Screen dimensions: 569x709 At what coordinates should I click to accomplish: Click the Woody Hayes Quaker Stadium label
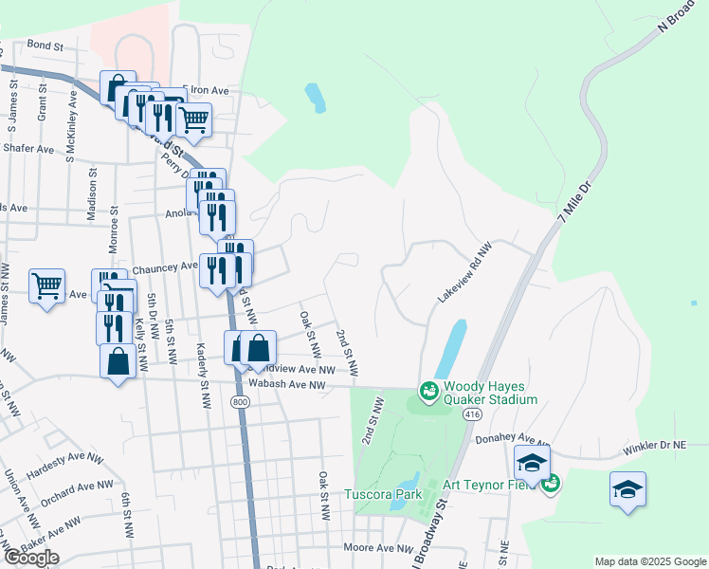point(490,392)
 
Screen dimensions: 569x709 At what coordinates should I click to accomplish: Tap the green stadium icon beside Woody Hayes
point(428,391)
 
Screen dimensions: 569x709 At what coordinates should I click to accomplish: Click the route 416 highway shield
point(474,415)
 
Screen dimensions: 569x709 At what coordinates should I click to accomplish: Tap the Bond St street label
point(45,45)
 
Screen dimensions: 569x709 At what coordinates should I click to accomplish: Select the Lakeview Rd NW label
point(465,272)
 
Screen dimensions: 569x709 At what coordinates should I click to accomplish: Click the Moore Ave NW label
point(374,548)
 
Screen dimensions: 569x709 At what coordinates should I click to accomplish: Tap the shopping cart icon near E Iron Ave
point(193,119)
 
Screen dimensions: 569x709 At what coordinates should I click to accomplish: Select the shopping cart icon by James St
point(46,284)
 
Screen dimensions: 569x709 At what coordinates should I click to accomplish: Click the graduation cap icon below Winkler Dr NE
point(627,488)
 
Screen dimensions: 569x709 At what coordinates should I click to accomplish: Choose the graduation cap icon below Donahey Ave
point(532,463)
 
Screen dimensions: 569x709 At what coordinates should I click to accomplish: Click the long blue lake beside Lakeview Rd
point(451,348)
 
